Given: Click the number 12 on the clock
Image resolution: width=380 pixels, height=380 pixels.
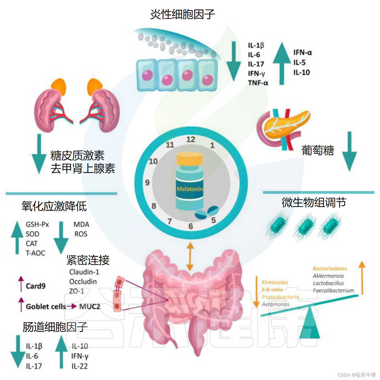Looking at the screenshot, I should pyautogui.click(x=191, y=139).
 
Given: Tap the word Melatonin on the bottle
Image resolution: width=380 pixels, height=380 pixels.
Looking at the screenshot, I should pyautogui.click(x=190, y=189).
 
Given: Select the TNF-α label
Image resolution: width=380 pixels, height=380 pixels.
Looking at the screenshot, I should pyautogui.click(x=258, y=83).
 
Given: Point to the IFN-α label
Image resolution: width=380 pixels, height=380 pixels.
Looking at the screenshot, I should pyautogui.click(x=302, y=53).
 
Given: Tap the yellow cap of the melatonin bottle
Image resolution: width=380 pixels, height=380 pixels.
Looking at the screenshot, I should pyautogui.click(x=189, y=158).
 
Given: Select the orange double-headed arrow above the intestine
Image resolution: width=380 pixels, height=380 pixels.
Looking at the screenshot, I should pyautogui.click(x=190, y=256).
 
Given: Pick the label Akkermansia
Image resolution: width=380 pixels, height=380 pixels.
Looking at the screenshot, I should pyautogui.click(x=328, y=276).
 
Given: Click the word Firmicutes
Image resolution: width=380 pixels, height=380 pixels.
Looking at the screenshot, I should pyautogui.click(x=275, y=282).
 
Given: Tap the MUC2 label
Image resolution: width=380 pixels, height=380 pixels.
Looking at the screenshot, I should pyautogui.click(x=90, y=307).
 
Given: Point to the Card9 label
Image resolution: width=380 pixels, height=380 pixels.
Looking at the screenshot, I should pyautogui.click(x=35, y=286).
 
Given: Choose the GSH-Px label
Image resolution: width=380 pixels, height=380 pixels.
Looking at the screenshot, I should pyautogui.click(x=37, y=225).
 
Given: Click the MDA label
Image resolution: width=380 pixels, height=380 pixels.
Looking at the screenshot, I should pyautogui.click(x=81, y=225).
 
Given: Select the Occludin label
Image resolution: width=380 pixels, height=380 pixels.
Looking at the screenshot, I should pyautogui.click(x=83, y=282).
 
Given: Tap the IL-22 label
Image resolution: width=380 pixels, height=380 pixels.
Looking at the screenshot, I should pyautogui.click(x=80, y=366).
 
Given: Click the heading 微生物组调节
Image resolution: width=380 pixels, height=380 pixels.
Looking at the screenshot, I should pyautogui.click(x=314, y=203).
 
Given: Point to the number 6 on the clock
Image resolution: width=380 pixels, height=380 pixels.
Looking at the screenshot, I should pyautogui.click(x=191, y=226).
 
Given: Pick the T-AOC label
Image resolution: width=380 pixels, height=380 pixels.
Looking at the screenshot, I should pyautogui.click(x=35, y=253).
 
